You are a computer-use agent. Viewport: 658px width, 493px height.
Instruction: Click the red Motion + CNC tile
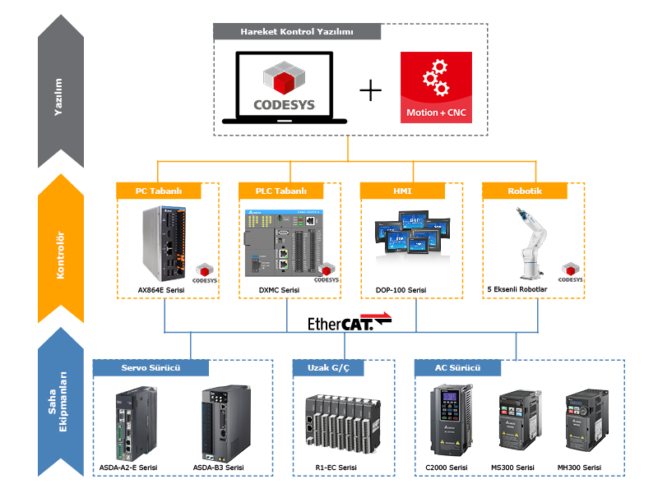pos(436,87)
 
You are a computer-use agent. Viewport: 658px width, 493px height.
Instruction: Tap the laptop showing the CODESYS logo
pos(285,89)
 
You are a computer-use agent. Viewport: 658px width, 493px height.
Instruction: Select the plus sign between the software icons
pos(371,90)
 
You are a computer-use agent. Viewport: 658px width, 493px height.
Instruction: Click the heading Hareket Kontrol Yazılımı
pos(297,32)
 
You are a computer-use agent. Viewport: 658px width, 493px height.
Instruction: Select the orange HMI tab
pos(401,191)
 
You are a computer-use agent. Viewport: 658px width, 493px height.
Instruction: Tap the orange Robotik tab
pos(524,191)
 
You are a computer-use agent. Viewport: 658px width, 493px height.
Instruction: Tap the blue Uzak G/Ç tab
pos(328,367)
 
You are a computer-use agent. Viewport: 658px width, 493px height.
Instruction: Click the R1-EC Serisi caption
pos(336,468)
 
